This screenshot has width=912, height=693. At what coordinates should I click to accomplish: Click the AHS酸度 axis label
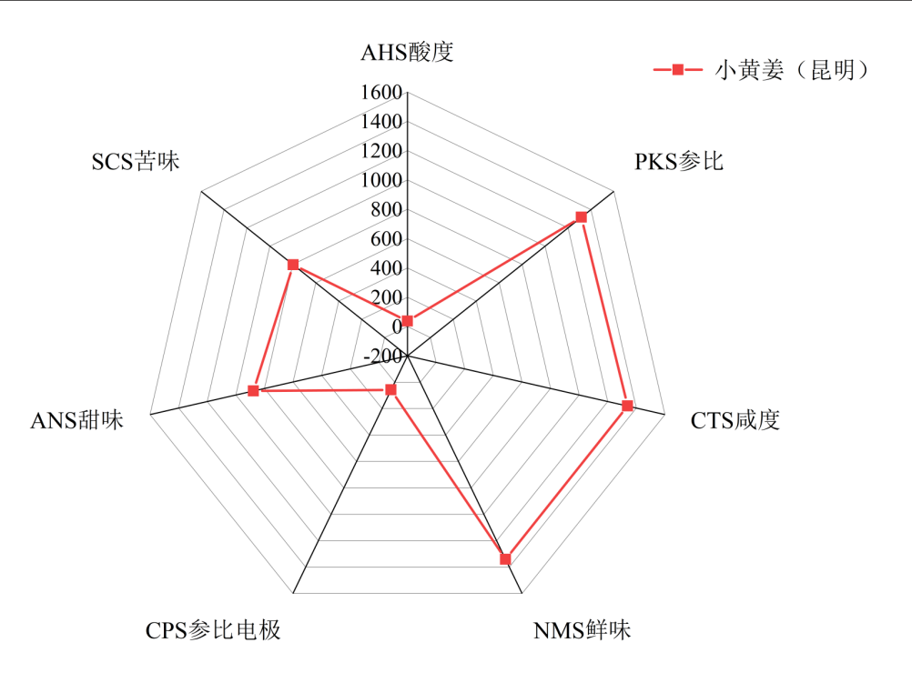pyautogui.click(x=407, y=53)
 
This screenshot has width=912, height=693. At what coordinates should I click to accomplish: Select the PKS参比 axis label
pyautogui.click(x=679, y=162)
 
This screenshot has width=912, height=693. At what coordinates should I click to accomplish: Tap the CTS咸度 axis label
pyautogui.click(x=735, y=420)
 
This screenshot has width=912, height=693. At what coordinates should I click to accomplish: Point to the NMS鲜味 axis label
pyautogui.click(x=582, y=630)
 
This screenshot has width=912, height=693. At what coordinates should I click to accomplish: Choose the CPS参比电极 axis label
pyautogui.click(x=213, y=630)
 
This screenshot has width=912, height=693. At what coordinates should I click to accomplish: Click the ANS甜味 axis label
pyautogui.click(x=76, y=420)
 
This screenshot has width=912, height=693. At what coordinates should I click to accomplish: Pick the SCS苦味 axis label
pyautogui.click(x=136, y=162)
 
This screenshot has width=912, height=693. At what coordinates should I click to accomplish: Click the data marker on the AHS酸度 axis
pyautogui.click(x=407, y=321)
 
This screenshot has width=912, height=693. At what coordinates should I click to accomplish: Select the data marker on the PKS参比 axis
pyautogui.click(x=581, y=216)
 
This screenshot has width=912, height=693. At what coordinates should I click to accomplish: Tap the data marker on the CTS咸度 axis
pyautogui.click(x=627, y=406)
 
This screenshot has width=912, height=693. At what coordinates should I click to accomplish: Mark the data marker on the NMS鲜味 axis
pyautogui.click(x=505, y=558)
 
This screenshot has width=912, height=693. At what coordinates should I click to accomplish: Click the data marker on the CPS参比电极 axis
pyautogui.click(x=391, y=389)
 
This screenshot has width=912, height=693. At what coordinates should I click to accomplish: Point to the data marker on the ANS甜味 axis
pyautogui.click(x=253, y=391)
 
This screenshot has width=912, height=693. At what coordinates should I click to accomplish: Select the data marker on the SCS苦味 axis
pyautogui.click(x=293, y=265)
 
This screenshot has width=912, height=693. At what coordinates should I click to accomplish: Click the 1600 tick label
pyautogui.click(x=381, y=93)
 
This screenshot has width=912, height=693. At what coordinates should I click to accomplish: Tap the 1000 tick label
pyautogui.click(x=381, y=180)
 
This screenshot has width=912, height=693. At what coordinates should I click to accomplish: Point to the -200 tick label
pyautogui.click(x=382, y=356)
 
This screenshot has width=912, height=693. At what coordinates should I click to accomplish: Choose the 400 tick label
pyautogui.click(x=386, y=268)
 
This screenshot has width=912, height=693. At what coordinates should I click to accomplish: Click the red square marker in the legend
pyautogui.click(x=677, y=70)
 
